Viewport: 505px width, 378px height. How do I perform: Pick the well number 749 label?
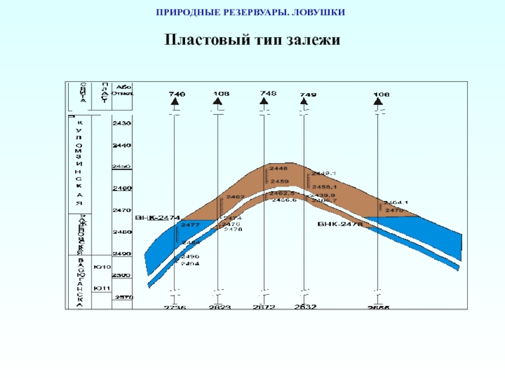(x=308, y=94)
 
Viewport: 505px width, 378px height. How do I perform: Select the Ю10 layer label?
(x=100, y=267)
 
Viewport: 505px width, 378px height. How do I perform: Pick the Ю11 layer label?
(x=100, y=289)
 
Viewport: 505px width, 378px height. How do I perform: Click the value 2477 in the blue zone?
(x=190, y=224)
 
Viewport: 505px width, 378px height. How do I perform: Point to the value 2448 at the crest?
(x=278, y=169)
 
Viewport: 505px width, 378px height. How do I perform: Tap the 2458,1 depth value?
(x=324, y=186)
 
